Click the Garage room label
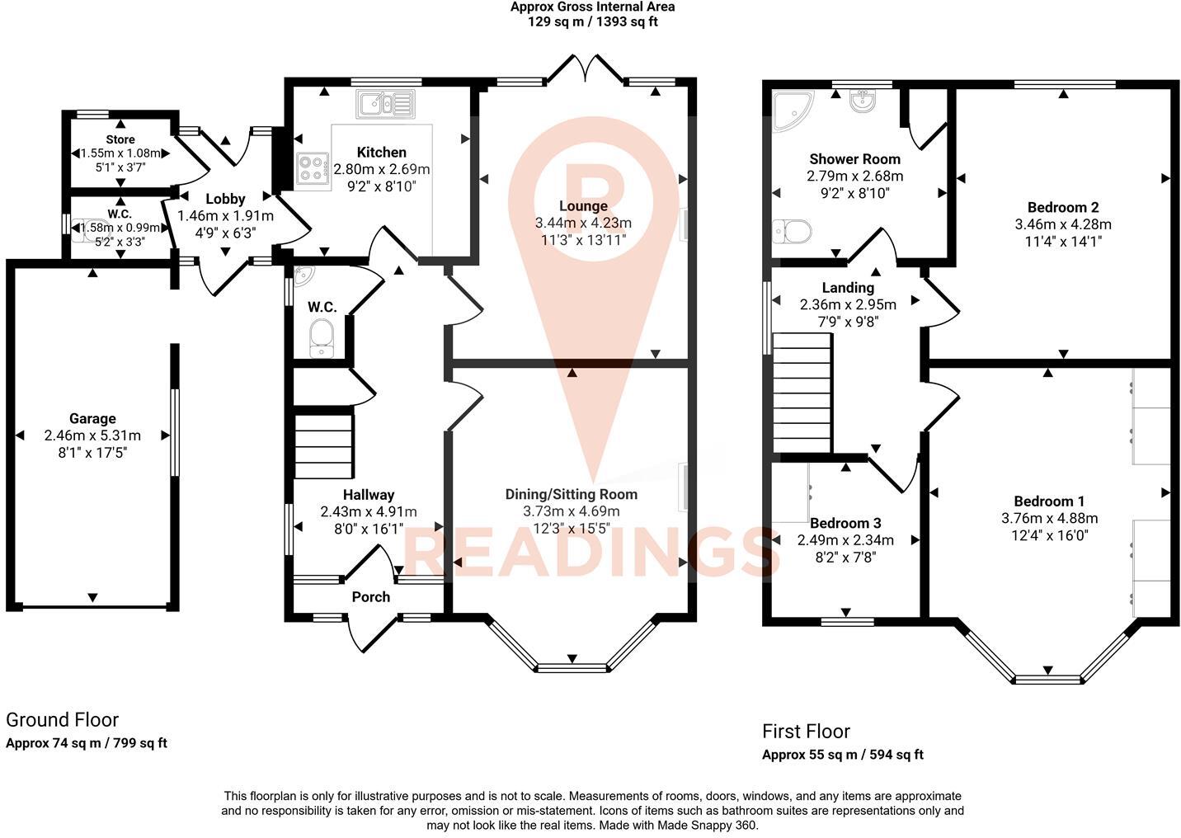coord(92,418)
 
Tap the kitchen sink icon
coord(385,104)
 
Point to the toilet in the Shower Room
coord(793,232)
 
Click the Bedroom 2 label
coord(1062,207)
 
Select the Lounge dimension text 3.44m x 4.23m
coord(583,223)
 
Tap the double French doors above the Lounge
coord(585,69)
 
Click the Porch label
coord(370,596)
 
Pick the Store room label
coord(120,139)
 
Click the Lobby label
coord(225,198)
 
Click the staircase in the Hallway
coord(323,445)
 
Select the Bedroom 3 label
coord(845,523)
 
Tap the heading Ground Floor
coord(63,720)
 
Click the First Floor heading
coord(806,731)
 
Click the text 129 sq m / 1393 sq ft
coord(592,22)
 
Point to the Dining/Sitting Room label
coord(571,494)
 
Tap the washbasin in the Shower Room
coord(863,101)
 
